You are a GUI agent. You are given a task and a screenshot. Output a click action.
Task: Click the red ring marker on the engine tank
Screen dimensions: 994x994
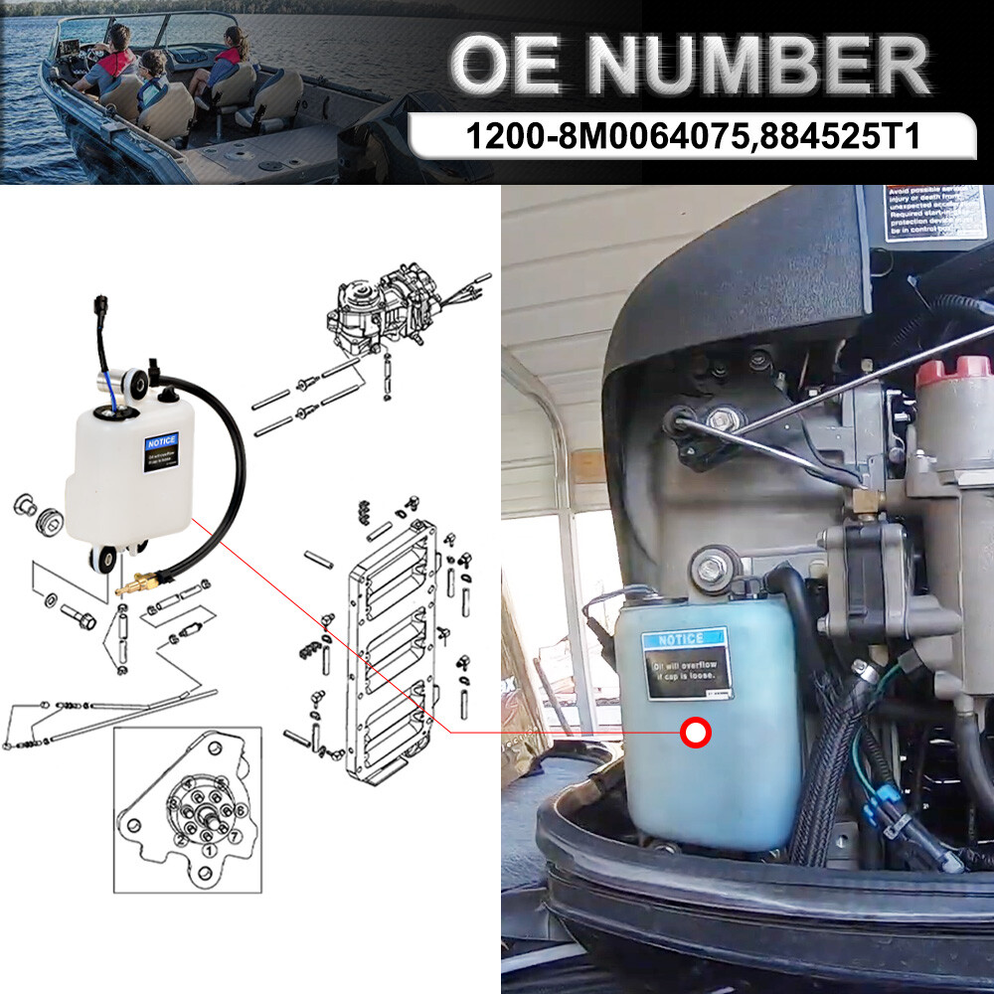[x=696, y=734]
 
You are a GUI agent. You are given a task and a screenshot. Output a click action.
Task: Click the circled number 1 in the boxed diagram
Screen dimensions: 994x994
[x=207, y=850]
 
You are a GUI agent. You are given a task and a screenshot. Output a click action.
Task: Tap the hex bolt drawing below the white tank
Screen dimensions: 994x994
[x=81, y=617]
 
